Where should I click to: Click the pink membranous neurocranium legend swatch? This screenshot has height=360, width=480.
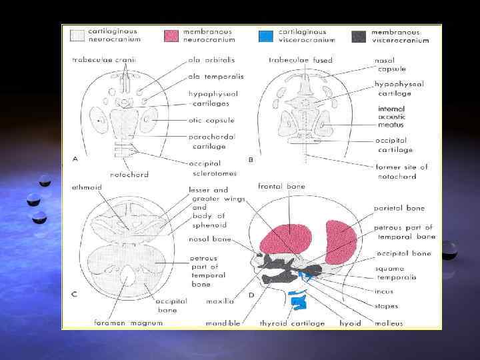172,35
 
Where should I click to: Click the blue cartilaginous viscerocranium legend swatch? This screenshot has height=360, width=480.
266,35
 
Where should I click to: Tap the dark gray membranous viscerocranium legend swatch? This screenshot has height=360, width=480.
361,35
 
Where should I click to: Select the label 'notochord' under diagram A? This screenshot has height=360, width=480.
129,174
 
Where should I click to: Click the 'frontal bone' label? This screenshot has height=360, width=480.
282,186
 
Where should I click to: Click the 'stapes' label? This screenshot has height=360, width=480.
387,306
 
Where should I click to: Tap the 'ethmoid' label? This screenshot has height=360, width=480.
87,187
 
